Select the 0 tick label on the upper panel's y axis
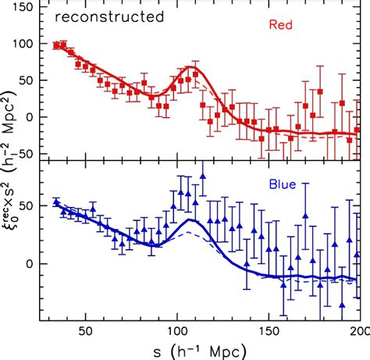[37, 117]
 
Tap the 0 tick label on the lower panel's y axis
[37, 263]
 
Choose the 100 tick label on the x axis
[175, 331]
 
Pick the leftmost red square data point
[55, 45]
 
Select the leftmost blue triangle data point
[55, 202]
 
